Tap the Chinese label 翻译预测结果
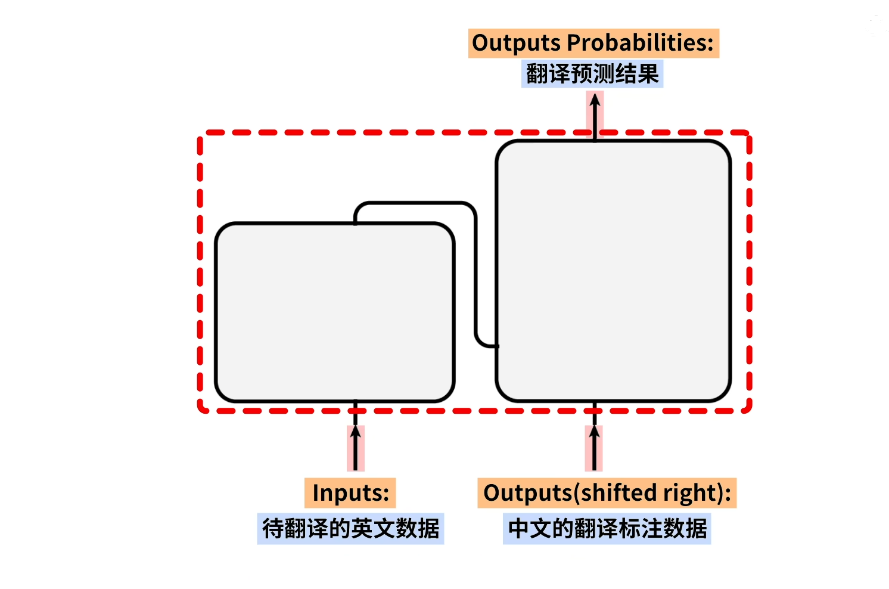592,75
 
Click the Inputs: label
350,493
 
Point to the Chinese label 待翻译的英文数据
350,528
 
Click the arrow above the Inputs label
356,447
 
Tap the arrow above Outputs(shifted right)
594,447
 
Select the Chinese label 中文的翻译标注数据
607,528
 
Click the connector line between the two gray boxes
475,274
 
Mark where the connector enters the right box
496,346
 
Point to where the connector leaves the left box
356,222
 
